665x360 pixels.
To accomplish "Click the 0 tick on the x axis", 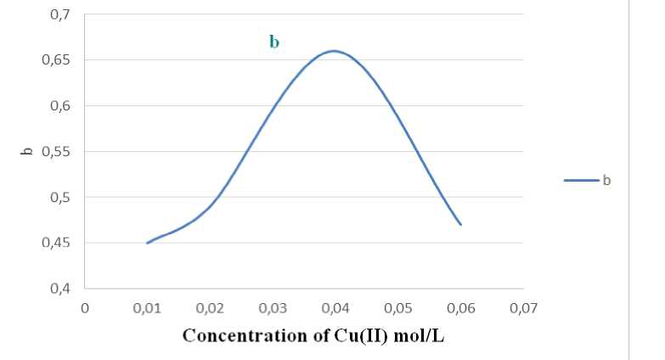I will tap(84, 307).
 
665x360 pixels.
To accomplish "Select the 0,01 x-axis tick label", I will tap(147, 307).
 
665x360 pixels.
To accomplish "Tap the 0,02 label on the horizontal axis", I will tap(210, 307).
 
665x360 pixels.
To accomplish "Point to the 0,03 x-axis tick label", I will tap(273, 307).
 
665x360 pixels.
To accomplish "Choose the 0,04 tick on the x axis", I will tap(335, 307).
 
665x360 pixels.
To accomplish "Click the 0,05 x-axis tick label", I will tap(398, 307).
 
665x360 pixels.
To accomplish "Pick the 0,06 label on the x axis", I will tap(461, 307).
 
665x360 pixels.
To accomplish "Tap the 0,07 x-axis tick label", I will tap(524, 307).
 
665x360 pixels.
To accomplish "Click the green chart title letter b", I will tap(274, 42).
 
